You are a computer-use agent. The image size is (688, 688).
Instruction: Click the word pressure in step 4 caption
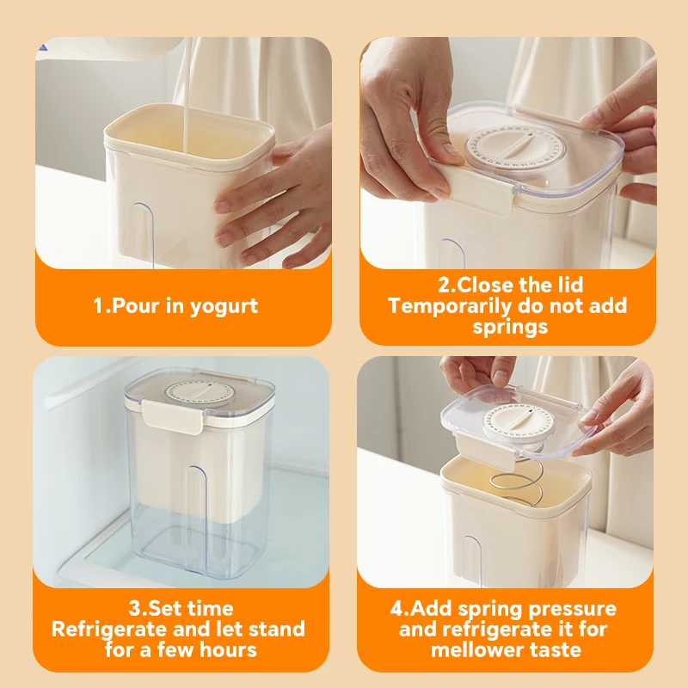[x=573, y=609]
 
